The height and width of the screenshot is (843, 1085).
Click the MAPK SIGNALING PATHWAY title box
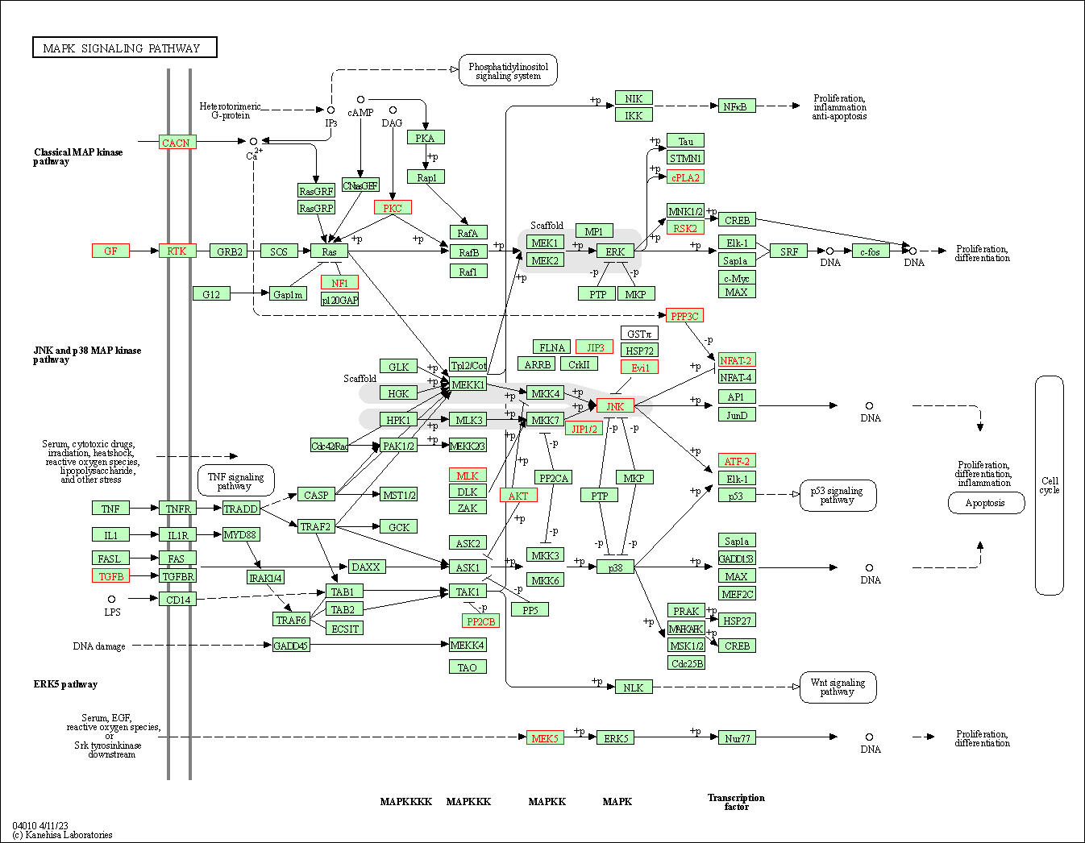pos(125,48)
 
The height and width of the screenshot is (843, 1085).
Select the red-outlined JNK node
pos(615,406)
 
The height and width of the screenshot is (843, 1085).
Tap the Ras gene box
pos(329,251)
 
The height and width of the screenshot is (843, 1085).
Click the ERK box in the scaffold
pos(615,251)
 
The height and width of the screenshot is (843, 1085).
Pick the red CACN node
pos(177,143)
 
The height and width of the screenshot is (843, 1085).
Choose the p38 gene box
pos(615,567)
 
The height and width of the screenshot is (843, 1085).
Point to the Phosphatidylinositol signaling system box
pos(508,71)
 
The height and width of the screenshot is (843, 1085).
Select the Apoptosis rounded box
pos(986,503)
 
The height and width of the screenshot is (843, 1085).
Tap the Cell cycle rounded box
pos(1049,485)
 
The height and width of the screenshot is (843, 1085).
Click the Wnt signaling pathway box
pos(838,687)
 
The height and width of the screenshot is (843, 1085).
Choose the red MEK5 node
pos(545,737)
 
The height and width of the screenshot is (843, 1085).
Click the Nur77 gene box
pos(737,737)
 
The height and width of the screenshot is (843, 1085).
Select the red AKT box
pos(518,495)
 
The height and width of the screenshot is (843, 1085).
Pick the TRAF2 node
pos(315,526)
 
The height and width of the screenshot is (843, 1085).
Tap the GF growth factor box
pos(110,251)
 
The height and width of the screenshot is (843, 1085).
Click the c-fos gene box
pos(870,251)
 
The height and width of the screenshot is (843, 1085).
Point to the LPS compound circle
pos(111,599)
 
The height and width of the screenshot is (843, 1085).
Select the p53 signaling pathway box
pos(838,495)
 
